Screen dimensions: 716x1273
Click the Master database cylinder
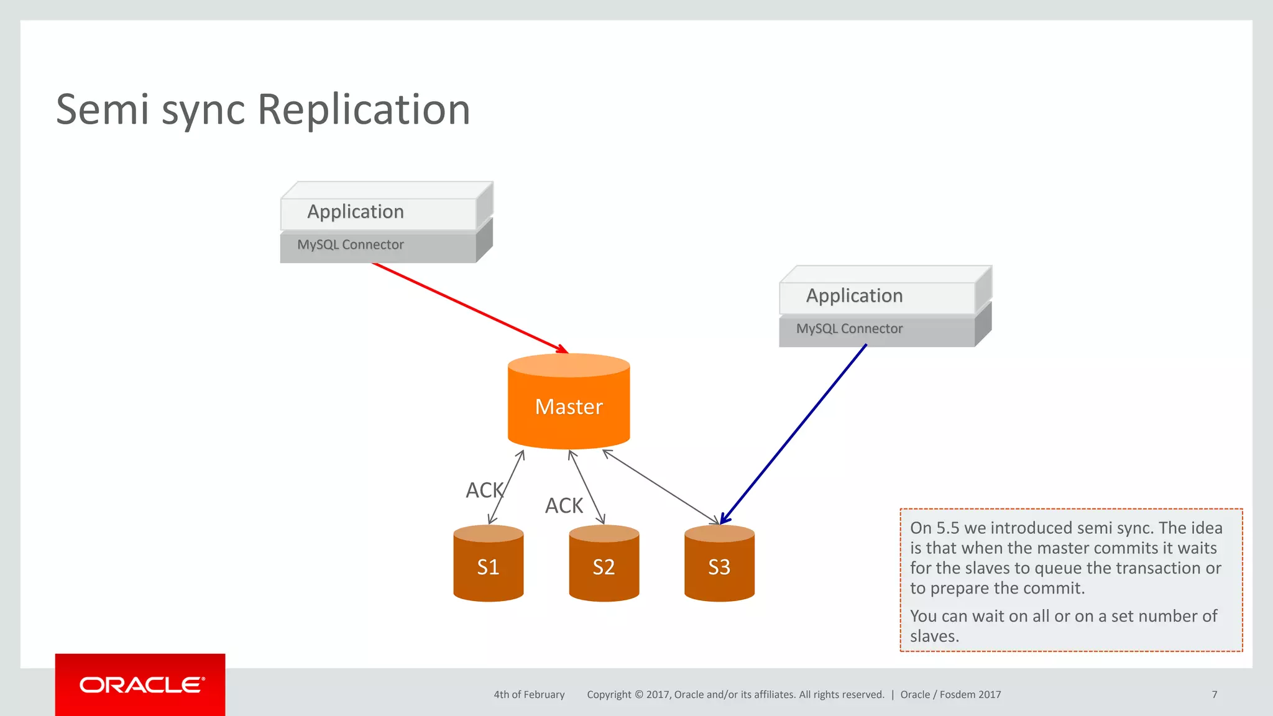click(x=569, y=404)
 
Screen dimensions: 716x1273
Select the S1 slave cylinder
click(x=488, y=566)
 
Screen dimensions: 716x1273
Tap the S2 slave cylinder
click(x=604, y=566)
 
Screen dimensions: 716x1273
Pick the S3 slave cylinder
click(x=719, y=566)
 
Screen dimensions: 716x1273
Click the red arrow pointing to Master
click(x=469, y=308)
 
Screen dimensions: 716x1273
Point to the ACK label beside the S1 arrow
click(x=484, y=490)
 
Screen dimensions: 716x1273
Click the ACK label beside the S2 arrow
click(x=564, y=505)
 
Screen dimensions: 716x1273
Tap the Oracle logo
click(x=140, y=685)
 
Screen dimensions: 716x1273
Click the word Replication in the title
click(x=364, y=110)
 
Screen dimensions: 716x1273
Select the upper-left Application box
click(x=379, y=211)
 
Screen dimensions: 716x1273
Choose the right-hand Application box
click(x=878, y=296)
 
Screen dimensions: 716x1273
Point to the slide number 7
click(x=1214, y=694)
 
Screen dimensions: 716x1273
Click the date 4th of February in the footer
click(x=529, y=694)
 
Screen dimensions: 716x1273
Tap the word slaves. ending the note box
click(x=934, y=636)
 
